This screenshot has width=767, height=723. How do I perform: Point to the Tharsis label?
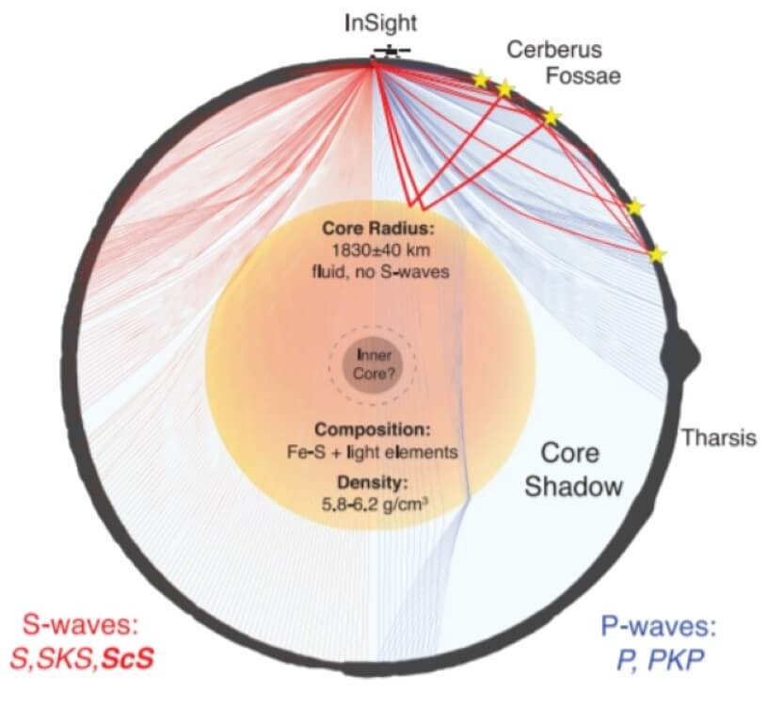[719, 439]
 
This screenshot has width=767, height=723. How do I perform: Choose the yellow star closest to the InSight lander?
[481, 80]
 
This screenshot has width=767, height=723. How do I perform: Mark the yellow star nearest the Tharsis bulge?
[658, 254]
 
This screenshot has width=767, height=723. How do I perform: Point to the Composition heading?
[374, 429]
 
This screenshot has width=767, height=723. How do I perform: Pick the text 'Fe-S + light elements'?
[374, 452]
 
